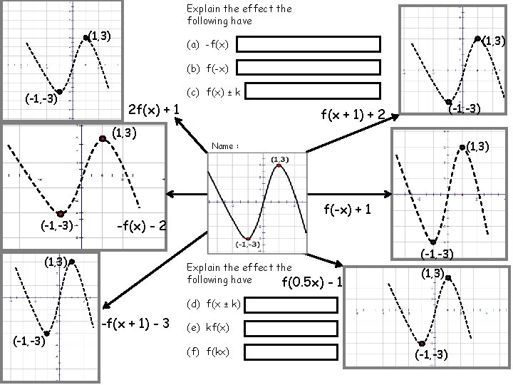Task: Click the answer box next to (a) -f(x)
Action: pos(309,44)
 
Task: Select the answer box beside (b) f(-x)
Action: pos(309,68)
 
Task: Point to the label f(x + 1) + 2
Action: pos(353,114)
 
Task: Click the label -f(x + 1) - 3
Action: pos(136,324)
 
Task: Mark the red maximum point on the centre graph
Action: pos(279,165)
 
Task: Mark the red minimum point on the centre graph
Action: pos(247,239)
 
